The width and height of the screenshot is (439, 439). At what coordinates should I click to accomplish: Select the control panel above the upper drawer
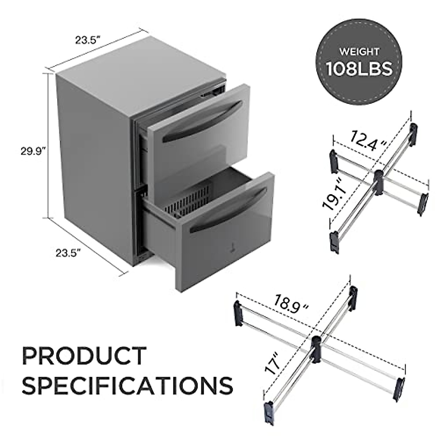(x=212, y=92)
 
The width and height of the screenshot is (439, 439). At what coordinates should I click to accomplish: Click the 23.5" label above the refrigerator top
(x=88, y=40)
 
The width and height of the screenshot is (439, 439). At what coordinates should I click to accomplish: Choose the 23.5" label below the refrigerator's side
(x=68, y=252)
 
